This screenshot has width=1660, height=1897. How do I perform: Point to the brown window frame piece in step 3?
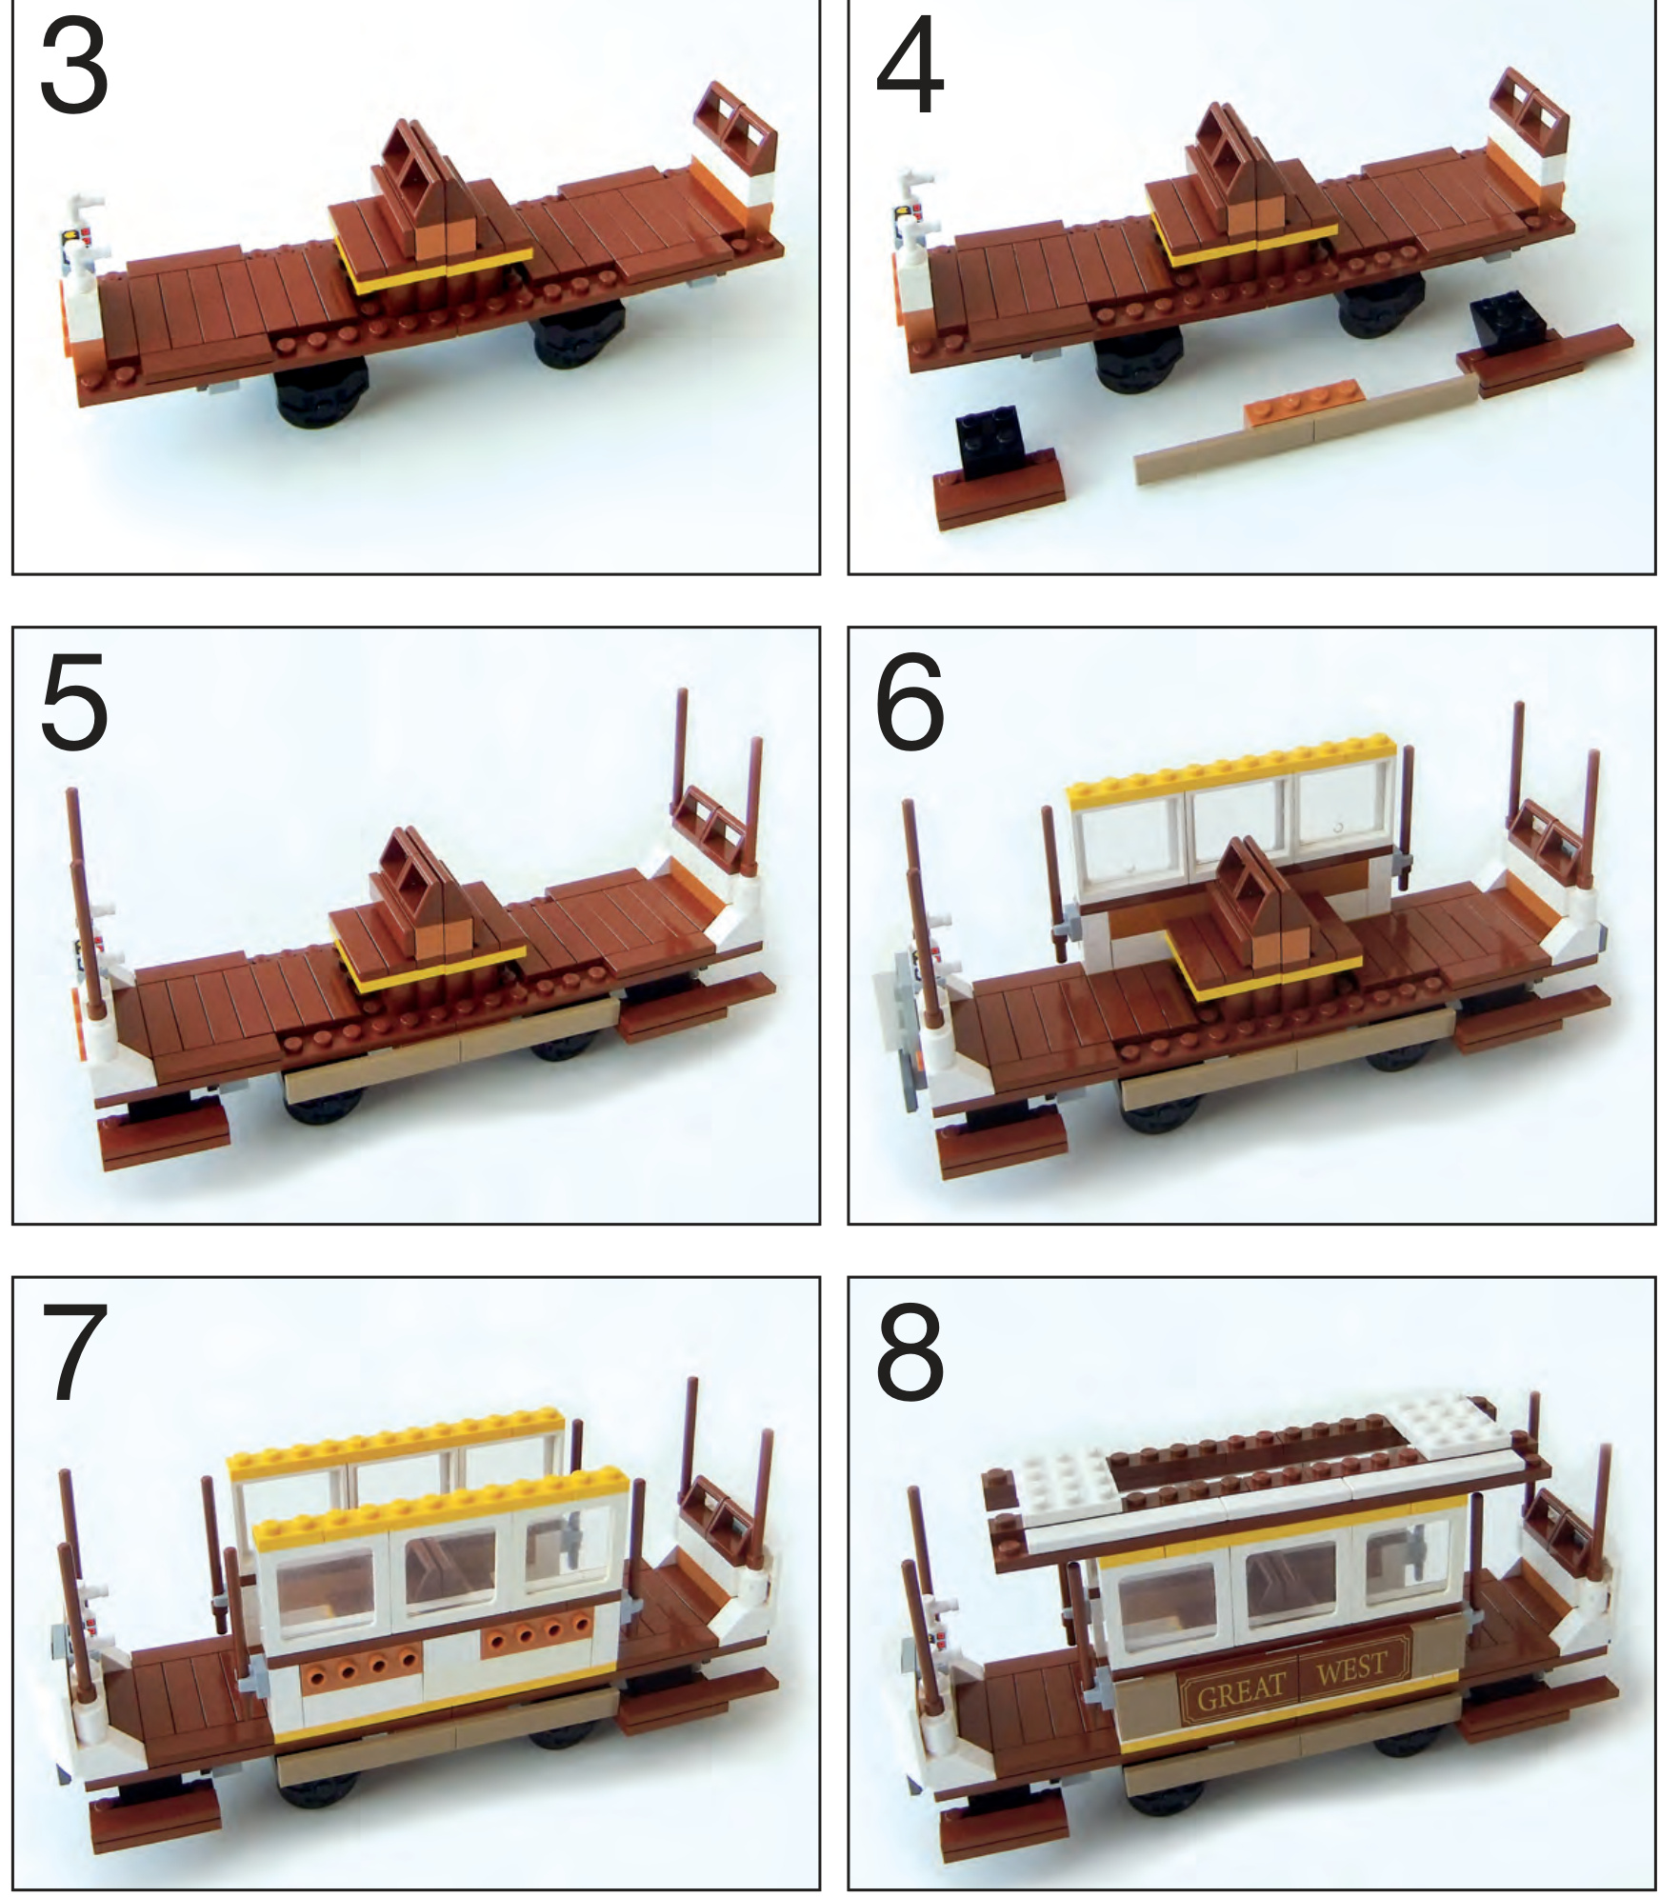(735, 130)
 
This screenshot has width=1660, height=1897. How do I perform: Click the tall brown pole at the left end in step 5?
(85, 900)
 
